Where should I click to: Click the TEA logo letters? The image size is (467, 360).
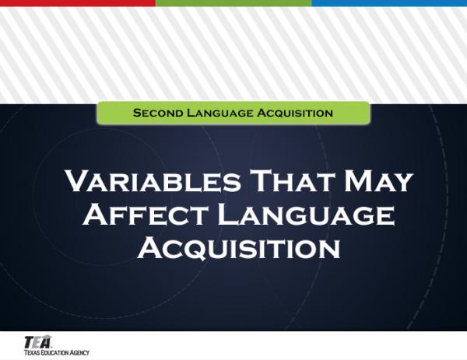(x=37, y=341)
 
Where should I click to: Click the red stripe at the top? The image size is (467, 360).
(x=78, y=3)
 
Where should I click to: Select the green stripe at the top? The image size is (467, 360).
(x=233, y=3)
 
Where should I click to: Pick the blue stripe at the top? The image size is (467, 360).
(x=389, y=3)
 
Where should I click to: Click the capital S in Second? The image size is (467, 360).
(x=137, y=113)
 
